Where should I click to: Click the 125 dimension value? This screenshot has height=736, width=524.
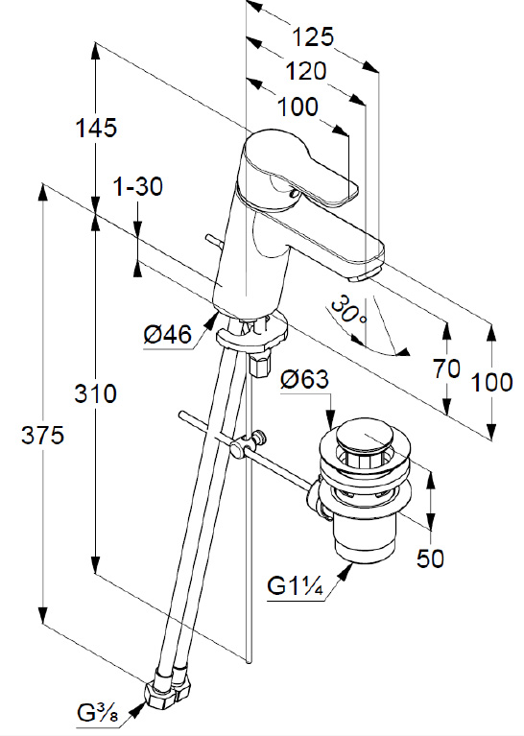pyautogui.click(x=313, y=37)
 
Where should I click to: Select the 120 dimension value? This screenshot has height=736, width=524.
pyautogui.click(x=305, y=71)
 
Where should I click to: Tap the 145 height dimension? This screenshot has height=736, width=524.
pyautogui.click(x=96, y=128)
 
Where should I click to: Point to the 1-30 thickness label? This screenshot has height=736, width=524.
pyautogui.click(x=138, y=186)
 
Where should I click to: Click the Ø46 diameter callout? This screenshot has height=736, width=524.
pyautogui.click(x=168, y=335)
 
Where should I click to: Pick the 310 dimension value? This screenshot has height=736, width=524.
pyautogui.click(x=95, y=393)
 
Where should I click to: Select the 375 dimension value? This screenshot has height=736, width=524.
pyautogui.click(x=43, y=436)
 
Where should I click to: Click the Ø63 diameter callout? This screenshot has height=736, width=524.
pyautogui.click(x=305, y=379)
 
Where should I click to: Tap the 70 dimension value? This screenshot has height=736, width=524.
pyautogui.click(x=446, y=368)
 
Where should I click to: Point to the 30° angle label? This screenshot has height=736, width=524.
pyautogui.click(x=348, y=310)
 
